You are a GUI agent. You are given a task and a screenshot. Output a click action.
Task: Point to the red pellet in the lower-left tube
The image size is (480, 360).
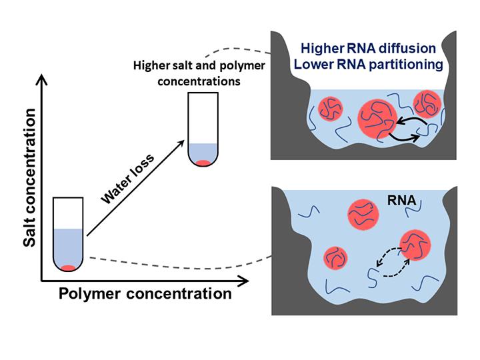click(68, 268)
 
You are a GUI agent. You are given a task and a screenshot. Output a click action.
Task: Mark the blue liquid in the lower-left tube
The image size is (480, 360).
click(68, 247)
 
